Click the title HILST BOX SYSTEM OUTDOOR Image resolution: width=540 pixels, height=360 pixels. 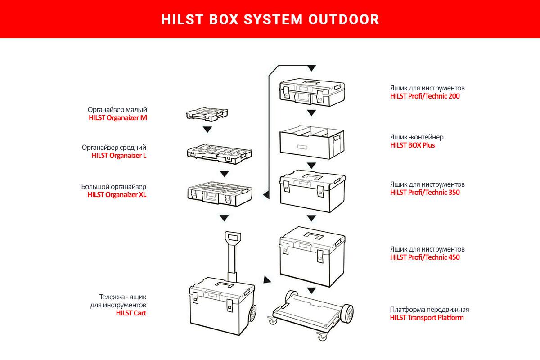tap(270, 19)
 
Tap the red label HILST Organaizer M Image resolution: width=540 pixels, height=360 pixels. tap(118, 118)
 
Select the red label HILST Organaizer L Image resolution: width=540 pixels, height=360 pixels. tap(119, 156)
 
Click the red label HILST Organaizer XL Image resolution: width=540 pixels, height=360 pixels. tap(117, 195)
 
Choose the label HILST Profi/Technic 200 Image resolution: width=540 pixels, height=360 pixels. tap(425, 96)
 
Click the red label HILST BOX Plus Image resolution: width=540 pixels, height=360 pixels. tap(412, 145)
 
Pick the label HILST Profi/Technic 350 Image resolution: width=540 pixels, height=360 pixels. tap(425, 193)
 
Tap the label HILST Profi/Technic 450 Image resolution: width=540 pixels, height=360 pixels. tap(425, 257)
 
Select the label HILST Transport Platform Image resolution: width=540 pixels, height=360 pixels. tap(427, 318)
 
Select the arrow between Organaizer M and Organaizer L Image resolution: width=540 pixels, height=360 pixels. tap(207, 130)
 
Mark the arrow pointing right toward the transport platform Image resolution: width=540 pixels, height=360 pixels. tap(267, 280)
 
